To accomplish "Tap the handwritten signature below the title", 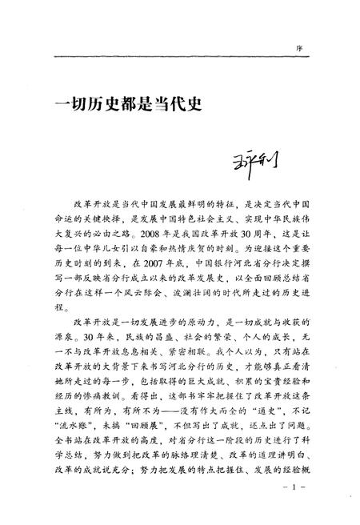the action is click(x=247, y=169).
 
